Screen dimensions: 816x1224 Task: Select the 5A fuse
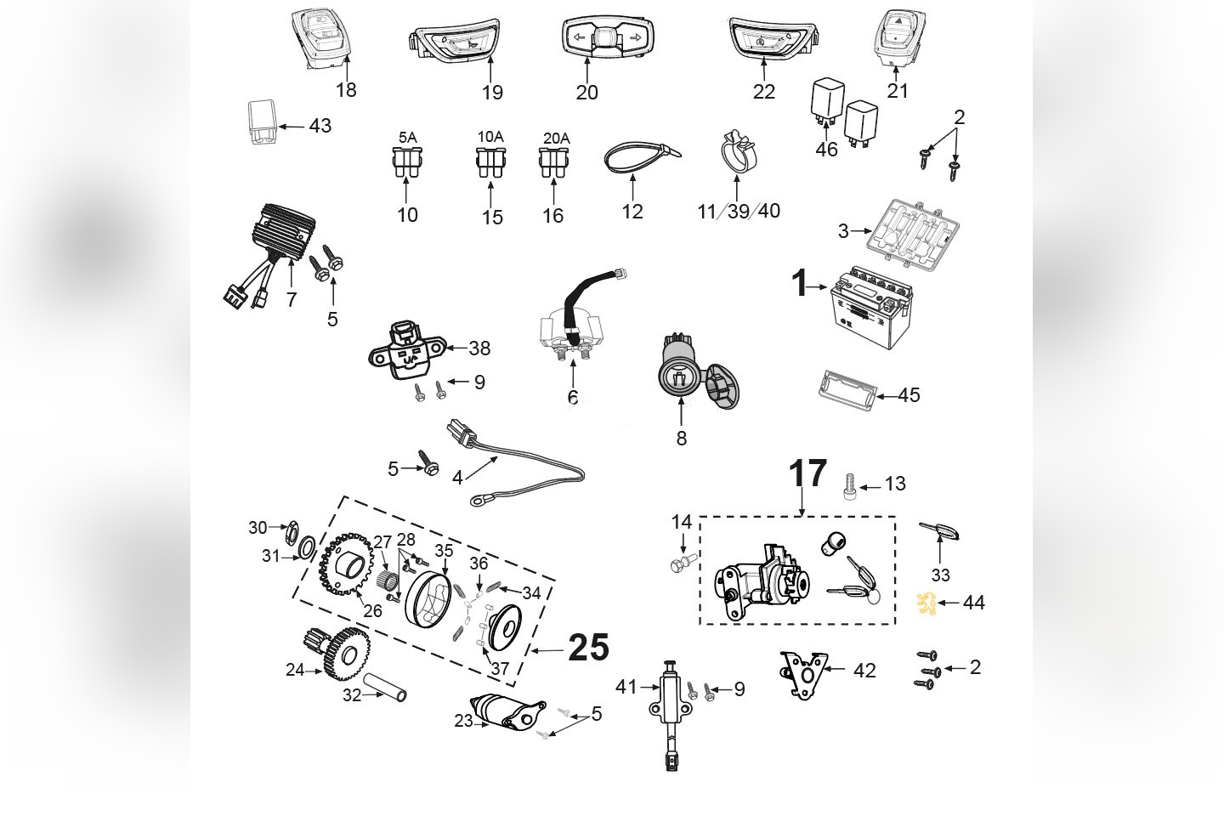coord(407,163)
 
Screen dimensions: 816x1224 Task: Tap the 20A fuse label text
coord(556,138)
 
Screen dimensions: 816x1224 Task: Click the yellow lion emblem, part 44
coord(925,602)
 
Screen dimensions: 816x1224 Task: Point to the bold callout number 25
coord(588,649)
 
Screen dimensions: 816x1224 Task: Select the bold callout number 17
coord(807,474)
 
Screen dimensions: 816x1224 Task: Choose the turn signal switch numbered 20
coord(603,39)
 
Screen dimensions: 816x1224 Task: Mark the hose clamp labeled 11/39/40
coord(736,153)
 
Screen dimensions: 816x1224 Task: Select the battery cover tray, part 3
coord(904,229)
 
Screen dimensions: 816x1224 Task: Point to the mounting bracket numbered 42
coord(804,669)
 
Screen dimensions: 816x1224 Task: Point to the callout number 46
coord(826,150)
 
